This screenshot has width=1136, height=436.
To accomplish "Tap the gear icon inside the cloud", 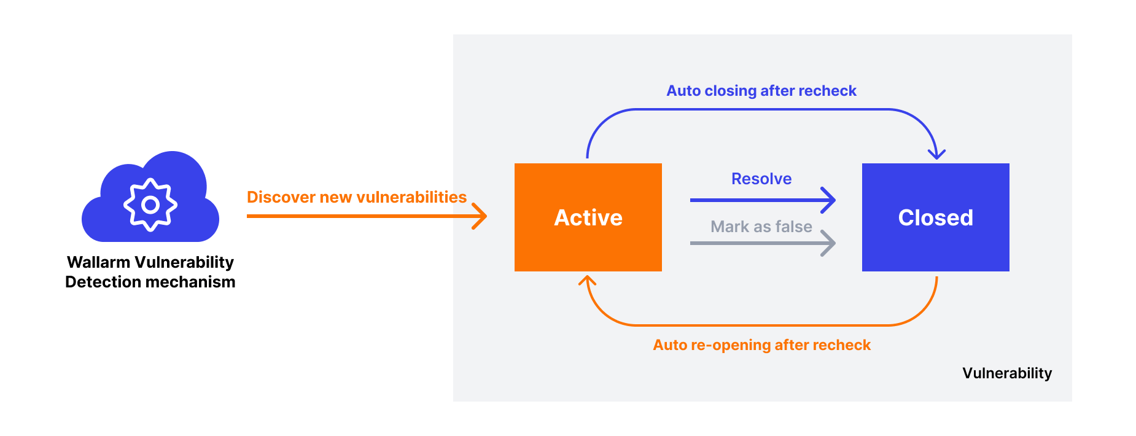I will (x=150, y=204).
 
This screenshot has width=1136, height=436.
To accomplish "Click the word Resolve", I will (x=761, y=179).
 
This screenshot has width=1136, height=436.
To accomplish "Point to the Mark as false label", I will (x=761, y=227).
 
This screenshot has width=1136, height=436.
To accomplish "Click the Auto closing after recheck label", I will (x=761, y=91).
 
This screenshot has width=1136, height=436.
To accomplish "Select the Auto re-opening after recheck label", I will (x=761, y=345).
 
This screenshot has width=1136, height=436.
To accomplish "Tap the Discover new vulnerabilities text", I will (x=356, y=197).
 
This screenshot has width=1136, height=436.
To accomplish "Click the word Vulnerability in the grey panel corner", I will (x=1007, y=373).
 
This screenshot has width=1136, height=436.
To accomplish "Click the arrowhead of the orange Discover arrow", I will (x=481, y=216).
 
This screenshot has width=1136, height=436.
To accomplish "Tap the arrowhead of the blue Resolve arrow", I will (x=830, y=200).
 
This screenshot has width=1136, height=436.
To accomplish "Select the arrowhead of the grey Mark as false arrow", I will (x=830, y=243).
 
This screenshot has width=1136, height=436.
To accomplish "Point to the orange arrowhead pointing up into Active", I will (x=588, y=281).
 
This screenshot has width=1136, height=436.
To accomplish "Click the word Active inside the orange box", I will (x=588, y=218).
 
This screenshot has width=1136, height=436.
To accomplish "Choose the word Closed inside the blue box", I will (x=935, y=218).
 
